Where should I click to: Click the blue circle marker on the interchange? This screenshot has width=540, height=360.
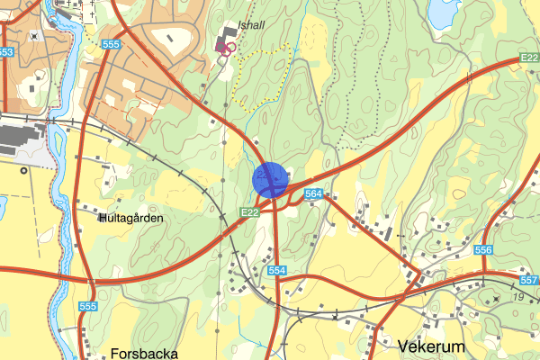[x=270, y=179]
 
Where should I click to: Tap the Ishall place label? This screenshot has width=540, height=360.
[x=252, y=26]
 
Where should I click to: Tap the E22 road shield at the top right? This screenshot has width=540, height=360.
[x=529, y=58]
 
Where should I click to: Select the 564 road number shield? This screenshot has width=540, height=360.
[x=314, y=193]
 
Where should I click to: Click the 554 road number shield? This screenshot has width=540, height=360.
[x=276, y=271]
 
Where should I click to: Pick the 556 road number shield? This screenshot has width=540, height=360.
[x=483, y=250]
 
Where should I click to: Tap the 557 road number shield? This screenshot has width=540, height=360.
[x=529, y=281]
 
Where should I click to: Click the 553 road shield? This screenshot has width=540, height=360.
[x=5, y=52]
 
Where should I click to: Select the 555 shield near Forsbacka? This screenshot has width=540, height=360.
[x=87, y=307]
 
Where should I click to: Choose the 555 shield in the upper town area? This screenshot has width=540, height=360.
[x=112, y=43]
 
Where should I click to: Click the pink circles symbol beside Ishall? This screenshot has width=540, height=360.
[x=229, y=48]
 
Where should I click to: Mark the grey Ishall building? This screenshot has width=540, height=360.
[x=220, y=38]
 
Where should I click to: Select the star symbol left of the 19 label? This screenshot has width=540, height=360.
[x=497, y=298]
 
